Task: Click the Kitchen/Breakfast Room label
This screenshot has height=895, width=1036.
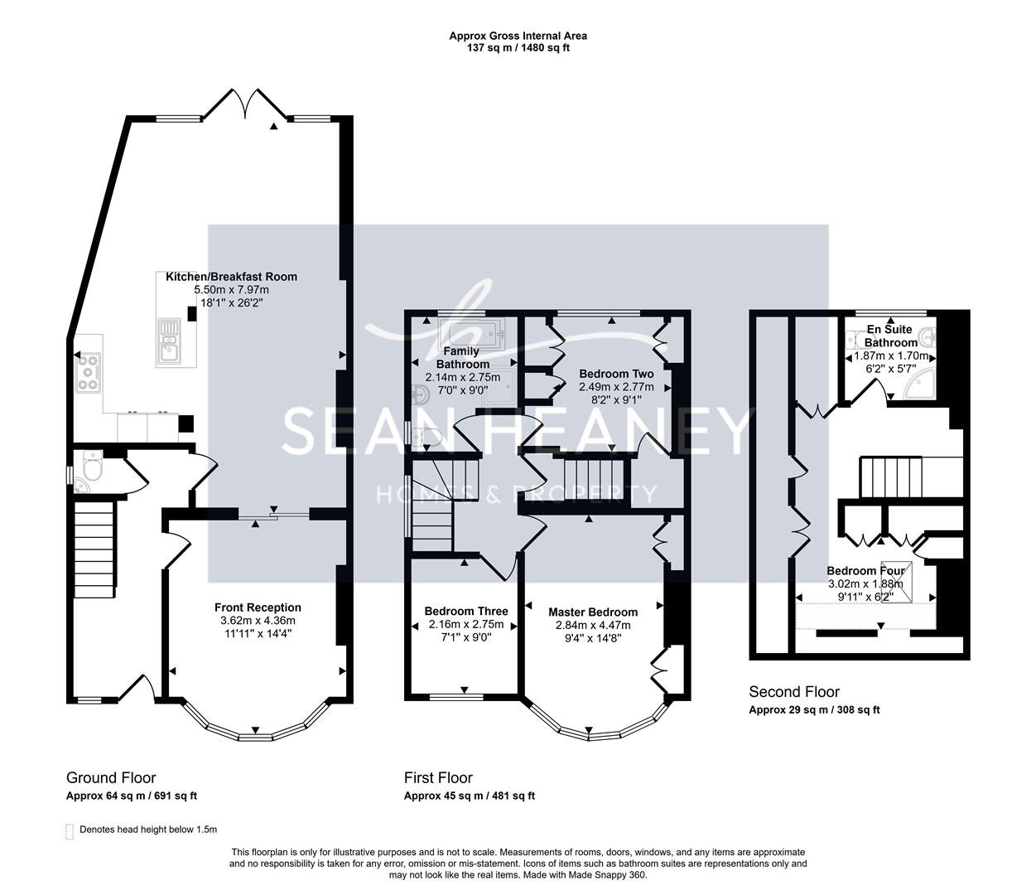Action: click(x=231, y=277)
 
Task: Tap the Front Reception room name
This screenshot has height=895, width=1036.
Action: click(x=258, y=607)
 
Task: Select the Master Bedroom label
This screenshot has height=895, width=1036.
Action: click(x=593, y=612)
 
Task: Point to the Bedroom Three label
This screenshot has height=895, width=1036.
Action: click(x=466, y=611)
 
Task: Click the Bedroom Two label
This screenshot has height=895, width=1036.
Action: click(x=616, y=374)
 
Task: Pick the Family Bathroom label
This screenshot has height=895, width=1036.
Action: click(x=463, y=358)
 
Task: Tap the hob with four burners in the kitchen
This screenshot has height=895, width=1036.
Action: click(x=89, y=372)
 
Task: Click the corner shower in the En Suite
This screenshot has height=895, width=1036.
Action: click(x=921, y=385)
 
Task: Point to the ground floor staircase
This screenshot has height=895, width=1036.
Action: click(x=94, y=549)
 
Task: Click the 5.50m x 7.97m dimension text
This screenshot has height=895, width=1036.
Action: click(x=231, y=290)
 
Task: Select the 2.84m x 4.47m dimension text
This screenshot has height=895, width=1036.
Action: click(x=593, y=625)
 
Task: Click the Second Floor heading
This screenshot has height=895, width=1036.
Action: click(x=794, y=692)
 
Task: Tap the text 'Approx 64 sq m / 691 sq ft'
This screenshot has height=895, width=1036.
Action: click(x=132, y=796)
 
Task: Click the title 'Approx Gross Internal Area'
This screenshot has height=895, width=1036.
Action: click(x=518, y=36)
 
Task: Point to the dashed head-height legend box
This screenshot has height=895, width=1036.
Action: click(x=70, y=831)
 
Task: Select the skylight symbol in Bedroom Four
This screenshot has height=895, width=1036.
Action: click(x=896, y=582)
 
